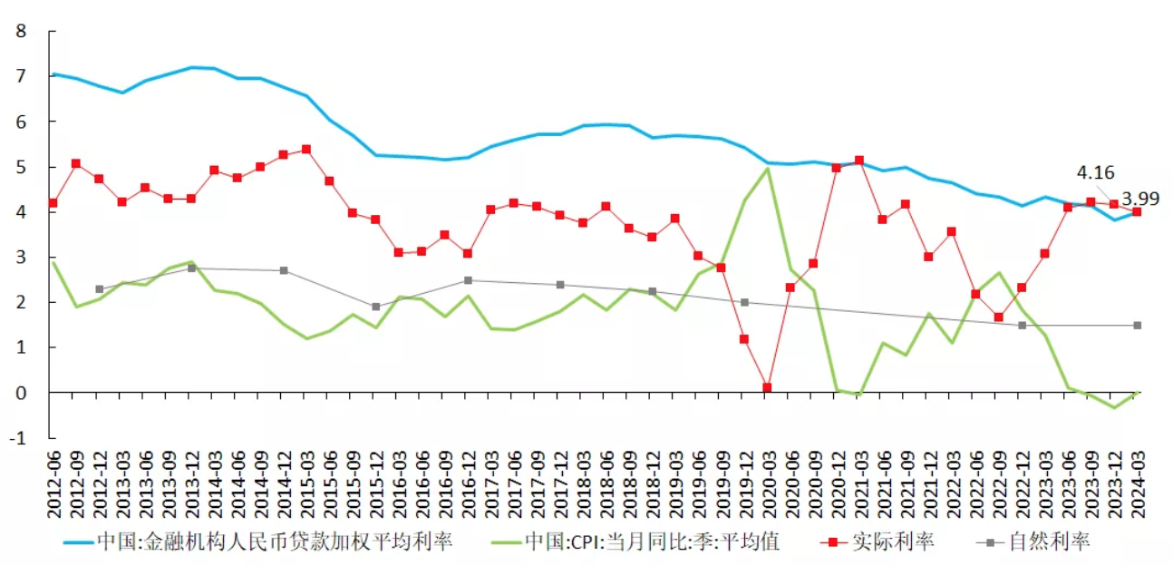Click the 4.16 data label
tap(1095, 172)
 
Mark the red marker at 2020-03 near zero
tap(767, 387)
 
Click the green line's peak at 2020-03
tap(767, 168)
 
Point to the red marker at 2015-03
tap(306, 149)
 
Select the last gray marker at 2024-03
tap(1137, 325)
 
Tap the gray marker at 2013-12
tap(191, 268)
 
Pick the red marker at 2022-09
tap(998, 317)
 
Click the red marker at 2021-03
tap(859, 161)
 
